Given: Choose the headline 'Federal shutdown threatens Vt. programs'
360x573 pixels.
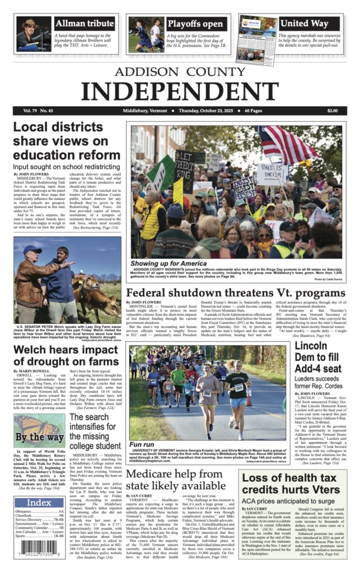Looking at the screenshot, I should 235,294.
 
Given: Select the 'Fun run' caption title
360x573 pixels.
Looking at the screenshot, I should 142,444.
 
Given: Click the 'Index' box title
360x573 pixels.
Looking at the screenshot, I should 39,502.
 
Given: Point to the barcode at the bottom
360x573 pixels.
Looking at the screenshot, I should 39,553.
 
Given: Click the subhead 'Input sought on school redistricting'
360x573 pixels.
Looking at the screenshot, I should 66,167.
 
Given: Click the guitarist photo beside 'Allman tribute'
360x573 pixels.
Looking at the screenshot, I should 34,33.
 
